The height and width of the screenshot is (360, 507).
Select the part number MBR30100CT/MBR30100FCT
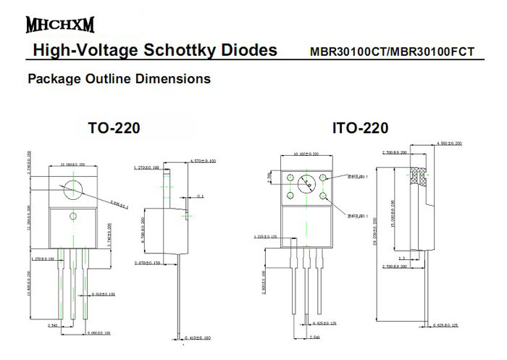click(x=392, y=52)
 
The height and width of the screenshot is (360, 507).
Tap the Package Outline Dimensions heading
click(x=119, y=78)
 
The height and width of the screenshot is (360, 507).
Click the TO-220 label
click(x=114, y=128)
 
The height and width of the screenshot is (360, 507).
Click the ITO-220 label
click(x=360, y=128)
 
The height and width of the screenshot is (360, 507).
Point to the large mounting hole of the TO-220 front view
click(x=72, y=188)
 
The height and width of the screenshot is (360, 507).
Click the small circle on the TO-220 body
click(x=72, y=217)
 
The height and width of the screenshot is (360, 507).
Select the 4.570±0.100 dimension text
click(x=203, y=160)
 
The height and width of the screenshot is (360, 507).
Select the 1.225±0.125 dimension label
click(x=267, y=236)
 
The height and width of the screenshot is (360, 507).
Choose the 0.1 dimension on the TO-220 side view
click(x=200, y=196)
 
